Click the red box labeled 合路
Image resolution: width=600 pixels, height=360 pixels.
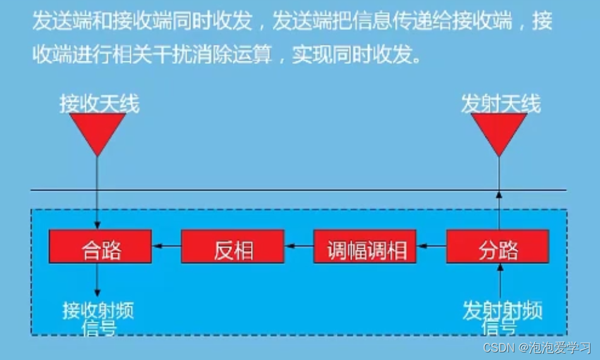(100, 247)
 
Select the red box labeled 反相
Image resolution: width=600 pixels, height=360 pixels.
(233, 247)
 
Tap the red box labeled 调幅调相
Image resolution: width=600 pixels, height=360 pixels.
(365, 247)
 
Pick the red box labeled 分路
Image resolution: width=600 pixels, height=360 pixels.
(498, 247)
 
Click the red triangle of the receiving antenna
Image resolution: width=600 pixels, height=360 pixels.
(97, 131)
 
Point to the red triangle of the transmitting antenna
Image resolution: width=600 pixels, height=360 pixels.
(499, 131)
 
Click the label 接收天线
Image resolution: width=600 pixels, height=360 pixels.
(99, 103)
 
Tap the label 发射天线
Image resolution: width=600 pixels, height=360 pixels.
(501, 103)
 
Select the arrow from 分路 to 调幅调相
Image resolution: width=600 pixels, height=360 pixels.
(432, 246)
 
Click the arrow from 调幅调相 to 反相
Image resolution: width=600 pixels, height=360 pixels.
(299, 246)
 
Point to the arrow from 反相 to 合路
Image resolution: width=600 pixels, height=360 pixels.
(166, 246)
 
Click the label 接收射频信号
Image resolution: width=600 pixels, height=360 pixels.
(99, 318)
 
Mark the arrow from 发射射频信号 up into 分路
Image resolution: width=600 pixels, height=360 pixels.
(499, 278)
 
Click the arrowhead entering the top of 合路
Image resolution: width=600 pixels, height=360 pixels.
(97, 225)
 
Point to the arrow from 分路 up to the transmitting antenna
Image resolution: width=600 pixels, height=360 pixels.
(499, 202)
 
